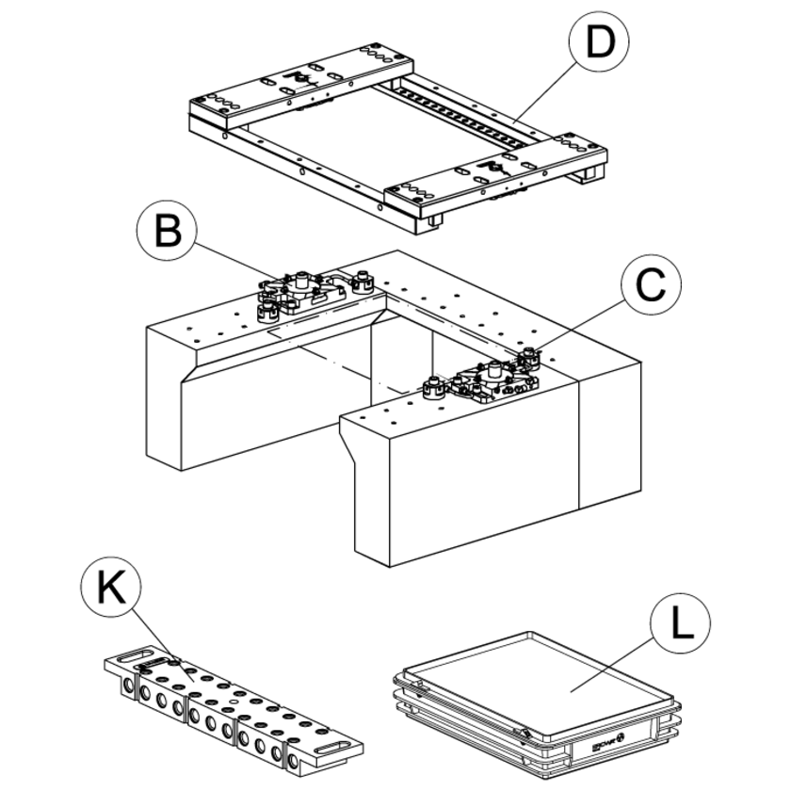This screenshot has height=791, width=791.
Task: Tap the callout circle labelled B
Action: click(x=169, y=231)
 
